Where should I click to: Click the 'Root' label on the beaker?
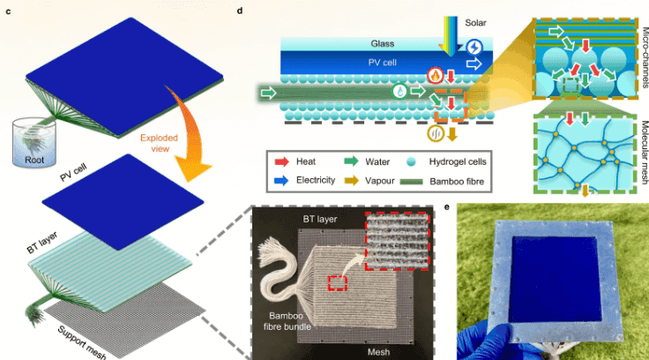[x=34, y=160]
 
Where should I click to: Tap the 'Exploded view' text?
[x=159, y=143]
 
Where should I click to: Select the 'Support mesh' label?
[x=82, y=342]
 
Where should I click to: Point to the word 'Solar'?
[x=475, y=23]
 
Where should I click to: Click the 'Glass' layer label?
[x=382, y=43]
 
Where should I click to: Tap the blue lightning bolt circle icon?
[x=474, y=48]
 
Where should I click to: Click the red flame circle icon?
[x=436, y=75]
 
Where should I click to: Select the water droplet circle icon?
[x=399, y=91]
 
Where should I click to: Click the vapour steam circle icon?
[x=436, y=133]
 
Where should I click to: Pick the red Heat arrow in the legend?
[x=281, y=161]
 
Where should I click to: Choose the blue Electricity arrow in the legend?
[x=281, y=181]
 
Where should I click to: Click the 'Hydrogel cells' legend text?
[x=458, y=161]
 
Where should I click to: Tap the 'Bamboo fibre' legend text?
[x=457, y=181]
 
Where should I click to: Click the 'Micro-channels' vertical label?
[x=644, y=57]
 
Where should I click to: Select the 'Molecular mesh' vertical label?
[x=644, y=152]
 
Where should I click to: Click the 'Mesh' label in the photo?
[x=378, y=352]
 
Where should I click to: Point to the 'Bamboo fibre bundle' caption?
[x=287, y=321]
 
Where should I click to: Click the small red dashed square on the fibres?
[x=338, y=283]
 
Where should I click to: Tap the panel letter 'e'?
[x=447, y=206]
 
